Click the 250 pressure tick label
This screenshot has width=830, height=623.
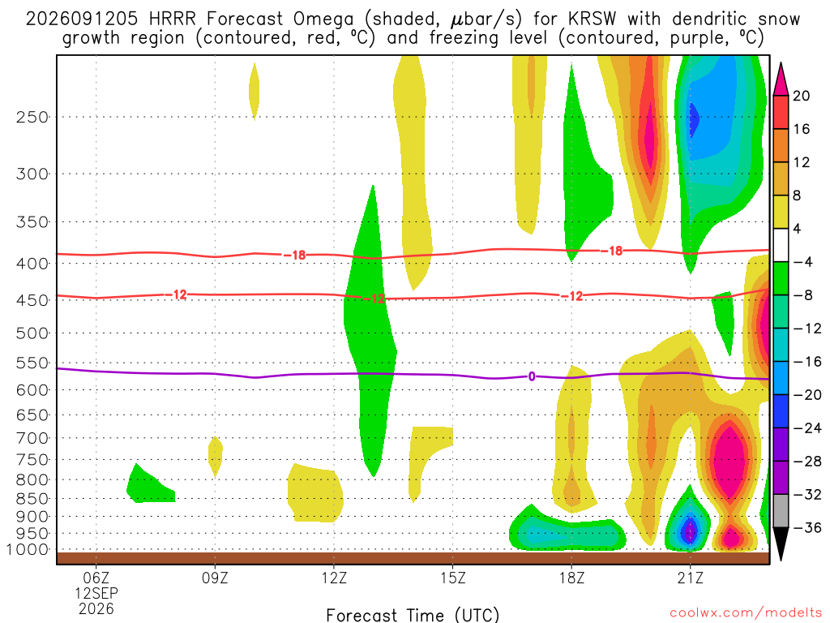[x=32, y=117]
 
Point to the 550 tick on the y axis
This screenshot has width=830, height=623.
[x=32, y=363]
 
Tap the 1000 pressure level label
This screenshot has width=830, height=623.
[x=28, y=550]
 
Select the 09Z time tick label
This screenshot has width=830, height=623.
[x=215, y=578]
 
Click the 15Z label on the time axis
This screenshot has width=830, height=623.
[x=452, y=578]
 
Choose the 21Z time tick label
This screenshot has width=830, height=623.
[x=691, y=578]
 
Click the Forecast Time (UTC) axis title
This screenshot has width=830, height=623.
[x=413, y=615]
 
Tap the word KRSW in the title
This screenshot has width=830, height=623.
[x=593, y=19]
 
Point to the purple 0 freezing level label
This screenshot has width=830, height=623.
[x=532, y=376]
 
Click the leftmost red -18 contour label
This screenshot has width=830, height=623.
[x=294, y=256]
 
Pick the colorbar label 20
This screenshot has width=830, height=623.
[x=801, y=96]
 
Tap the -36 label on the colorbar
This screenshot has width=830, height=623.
[x=807, y=527]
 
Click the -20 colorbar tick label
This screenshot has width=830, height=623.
[x=807, y=395]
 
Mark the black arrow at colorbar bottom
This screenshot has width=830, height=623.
[x=781, y=544]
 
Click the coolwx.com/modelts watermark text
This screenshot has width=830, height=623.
[x=746, y=613]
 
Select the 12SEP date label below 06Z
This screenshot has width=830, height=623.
[x=96, y=593]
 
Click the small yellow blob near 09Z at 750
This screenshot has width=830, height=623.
[x=216, y=456]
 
